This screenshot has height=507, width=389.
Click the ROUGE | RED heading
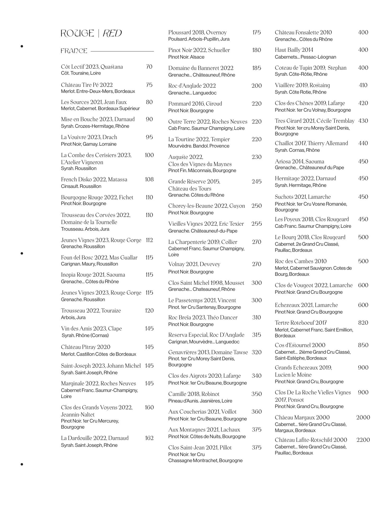(x=91, y=34)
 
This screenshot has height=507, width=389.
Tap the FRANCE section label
(x=74, y=51)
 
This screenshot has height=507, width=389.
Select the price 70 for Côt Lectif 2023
(x=149, y=67)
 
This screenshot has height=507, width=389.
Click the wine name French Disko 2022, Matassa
(x=94, y=179)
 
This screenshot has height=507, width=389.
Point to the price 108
(x=149, y=179)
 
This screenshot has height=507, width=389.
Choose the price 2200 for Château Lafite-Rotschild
(x=363, y=440)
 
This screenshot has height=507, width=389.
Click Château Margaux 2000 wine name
(x=302, y=418)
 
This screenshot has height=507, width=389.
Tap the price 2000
(x=363, y=418)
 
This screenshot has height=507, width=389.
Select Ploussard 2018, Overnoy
(x=197, y=32)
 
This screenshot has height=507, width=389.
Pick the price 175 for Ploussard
(x=257, y=32)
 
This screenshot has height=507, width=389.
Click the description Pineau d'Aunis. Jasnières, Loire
(x=200, y=401)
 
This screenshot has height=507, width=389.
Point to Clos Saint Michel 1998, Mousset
(x=206, y=283)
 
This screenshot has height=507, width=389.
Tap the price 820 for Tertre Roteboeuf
(x=363, y=323)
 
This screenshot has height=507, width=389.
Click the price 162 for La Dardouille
(x=149, y=438)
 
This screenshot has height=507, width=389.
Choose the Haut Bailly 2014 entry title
(x=294, y=50)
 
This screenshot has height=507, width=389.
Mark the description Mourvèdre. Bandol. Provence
(x=199, y=146)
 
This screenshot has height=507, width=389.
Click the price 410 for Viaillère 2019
(x=363, y=85)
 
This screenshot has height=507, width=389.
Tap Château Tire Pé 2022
(x=87, y=85)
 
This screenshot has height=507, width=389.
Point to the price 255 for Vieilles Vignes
(x=257, y=224)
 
